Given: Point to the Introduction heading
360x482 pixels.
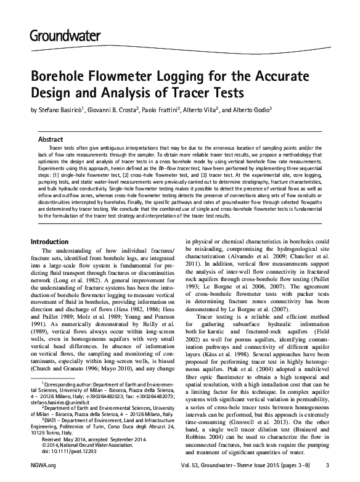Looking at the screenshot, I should click(x=54, y=242).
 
